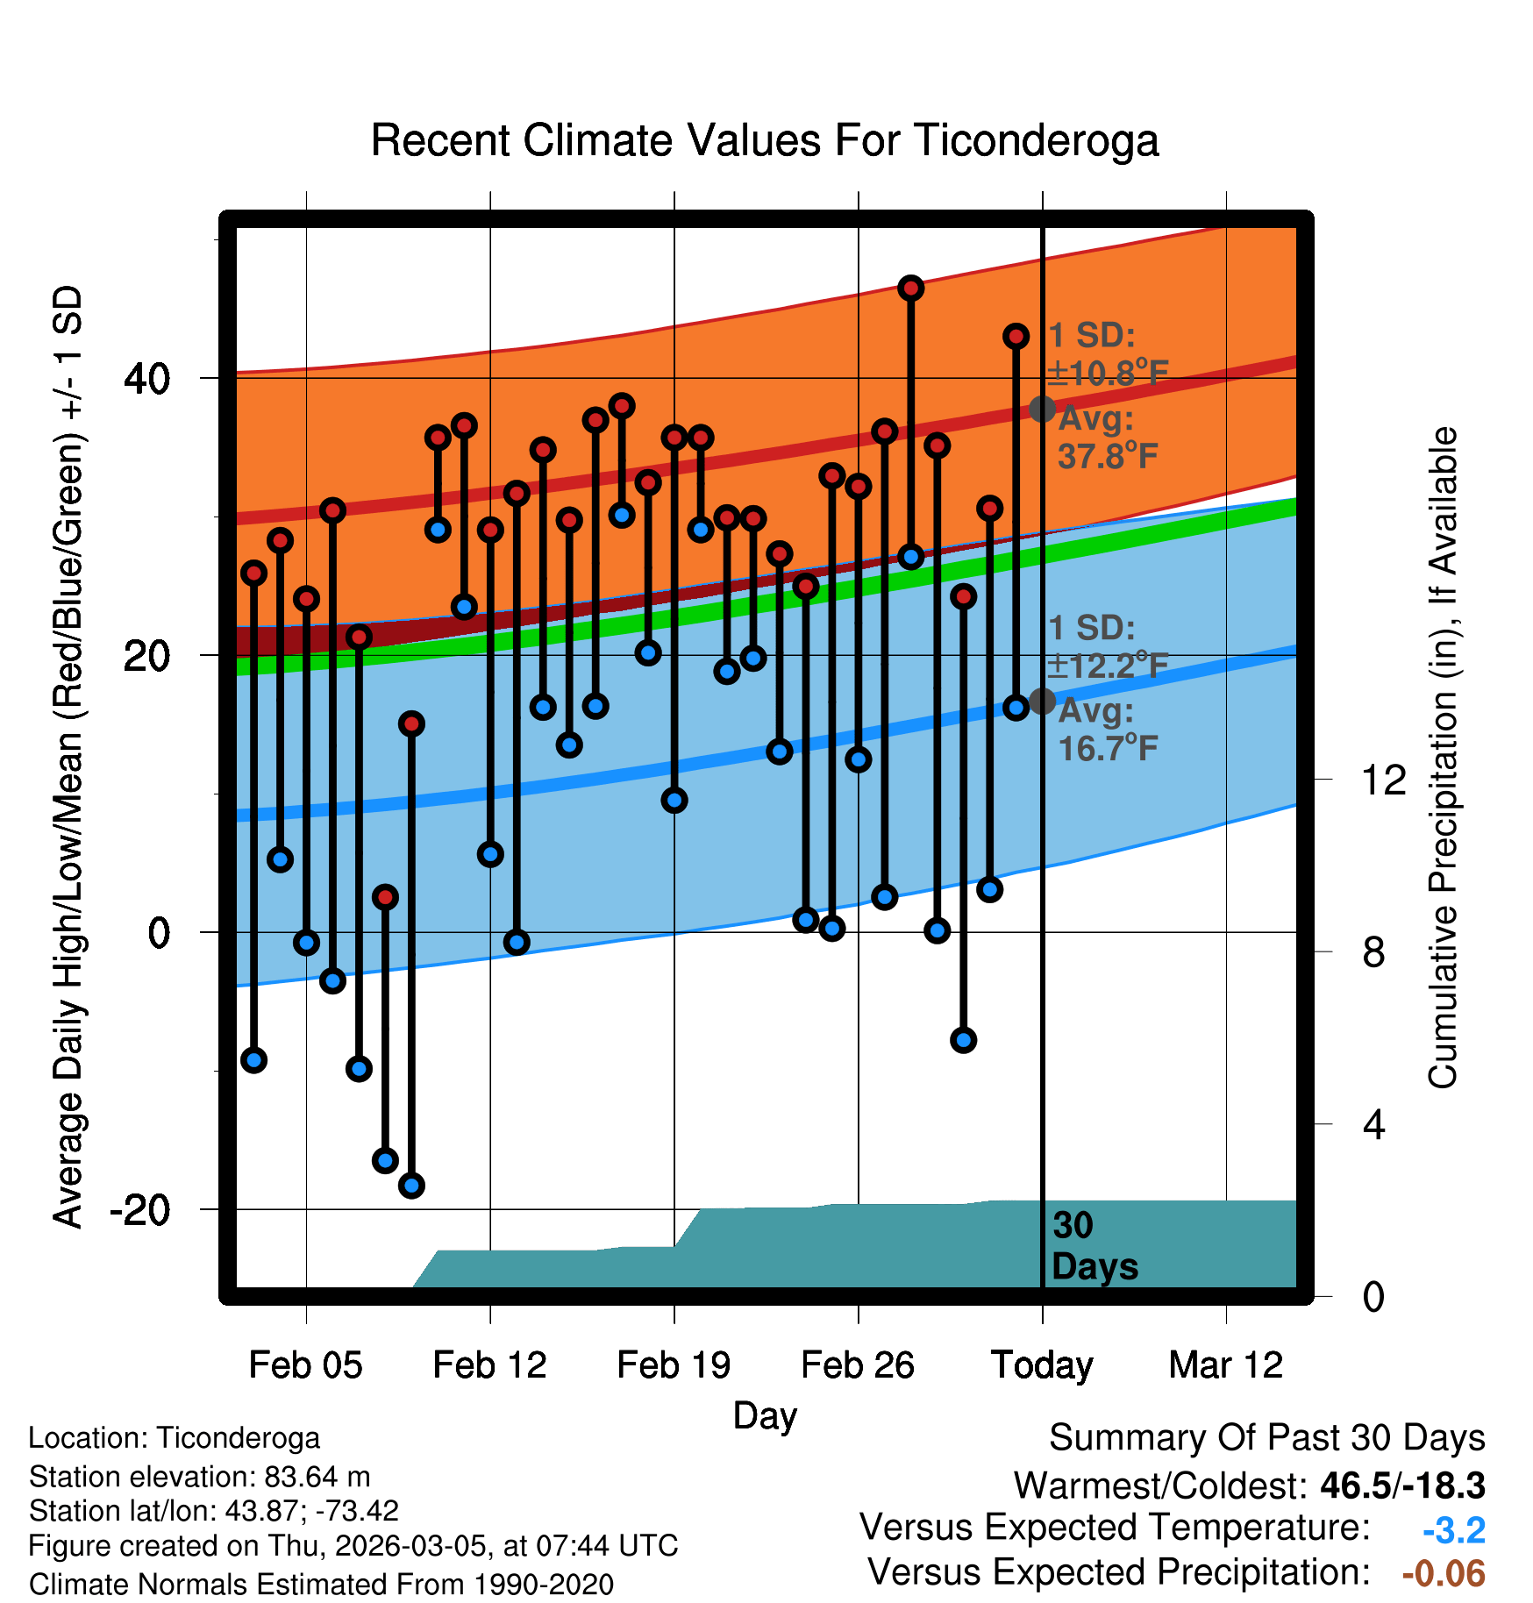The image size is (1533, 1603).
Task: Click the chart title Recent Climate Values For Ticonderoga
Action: pyautogui.click(x=765, y=140)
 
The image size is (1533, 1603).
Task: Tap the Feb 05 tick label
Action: pyautogui.click(x=305, y=1365)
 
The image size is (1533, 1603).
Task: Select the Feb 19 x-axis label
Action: pyautogui.click(x=674, y=1365)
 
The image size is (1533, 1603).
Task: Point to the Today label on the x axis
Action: pyautogui.click(x=1042, y=1365)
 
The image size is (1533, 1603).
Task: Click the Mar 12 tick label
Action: pyautogui.click(x=1226, y=1365)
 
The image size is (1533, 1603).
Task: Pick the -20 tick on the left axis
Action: pyautogui.click(x=139, y=1210)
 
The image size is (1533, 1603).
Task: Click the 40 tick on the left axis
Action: pyautogui.click(x=147, y=379)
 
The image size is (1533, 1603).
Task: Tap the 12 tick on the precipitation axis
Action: pyautogui.click(x=1383, y=780)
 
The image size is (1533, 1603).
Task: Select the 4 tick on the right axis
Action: pyautogui.click(x=1373, y=1124)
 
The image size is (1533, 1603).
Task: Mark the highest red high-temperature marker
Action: pyautogui.click(x=911, y=288)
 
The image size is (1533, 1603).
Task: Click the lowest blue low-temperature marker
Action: pyautogui.click(x=411, y=1186)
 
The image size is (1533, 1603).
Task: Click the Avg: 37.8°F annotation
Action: pyautogui.click(x=1108, y=438)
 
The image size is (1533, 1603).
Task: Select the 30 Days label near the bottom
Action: pyautogui.click(x=1094, y=1246)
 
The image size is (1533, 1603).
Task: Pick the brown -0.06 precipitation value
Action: pyautogui.click(x=1444, y=1573)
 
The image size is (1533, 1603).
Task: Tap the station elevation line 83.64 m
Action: pyautogui.click(x=199, y=1477)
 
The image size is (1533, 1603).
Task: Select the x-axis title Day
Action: pyautogui.click(x=765, y=1415)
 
